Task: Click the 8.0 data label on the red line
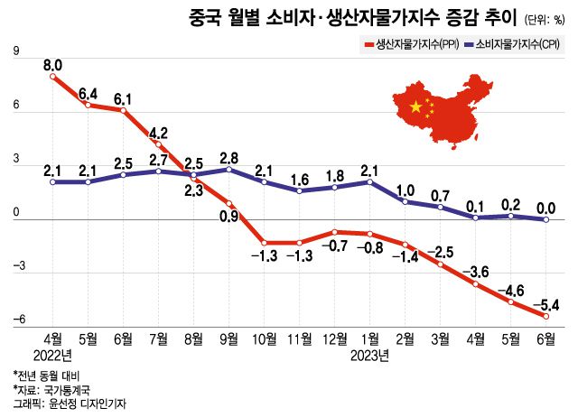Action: click(52, 64)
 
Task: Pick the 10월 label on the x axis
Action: click(265, 340)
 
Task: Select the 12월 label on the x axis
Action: click(335, 340)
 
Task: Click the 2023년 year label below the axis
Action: click(369, 355)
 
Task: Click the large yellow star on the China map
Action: click(416, 107)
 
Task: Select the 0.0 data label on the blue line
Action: click(546, 208)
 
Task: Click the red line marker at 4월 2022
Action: click(52, 77)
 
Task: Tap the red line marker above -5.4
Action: click(546, 316)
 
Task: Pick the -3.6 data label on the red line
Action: click(476, 272)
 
